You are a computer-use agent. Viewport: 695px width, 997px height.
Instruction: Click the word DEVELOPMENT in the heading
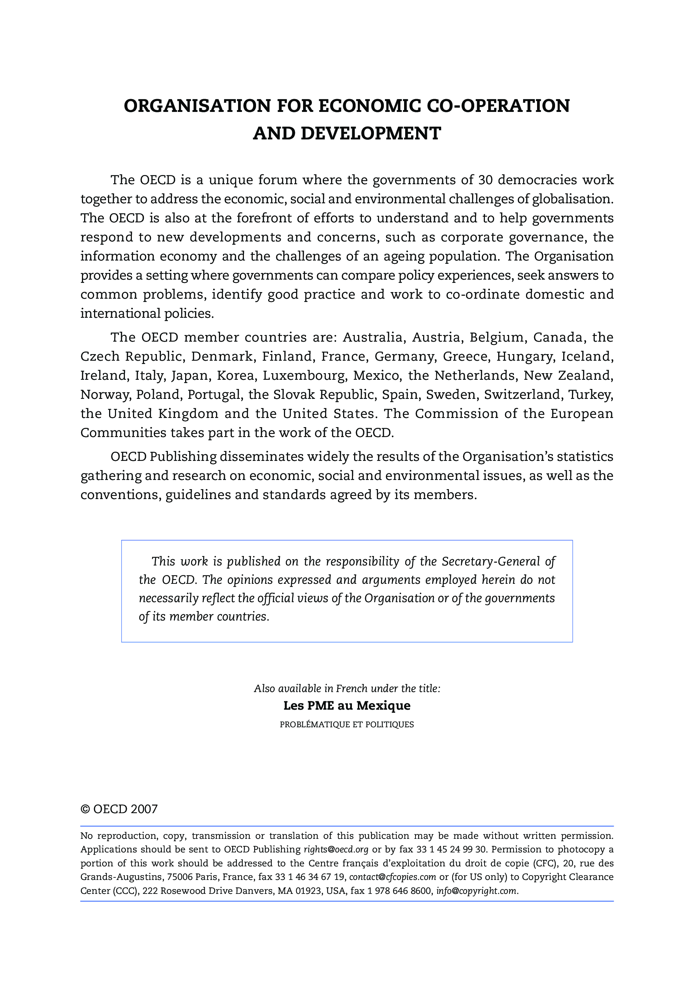(x=371, y=133)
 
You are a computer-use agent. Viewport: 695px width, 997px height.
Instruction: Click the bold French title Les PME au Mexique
(x=347, y=705)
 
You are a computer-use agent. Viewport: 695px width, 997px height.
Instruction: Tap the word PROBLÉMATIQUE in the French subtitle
(x=312, y=724)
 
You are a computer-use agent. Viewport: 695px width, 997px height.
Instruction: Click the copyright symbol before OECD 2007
(x=85, y=809)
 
